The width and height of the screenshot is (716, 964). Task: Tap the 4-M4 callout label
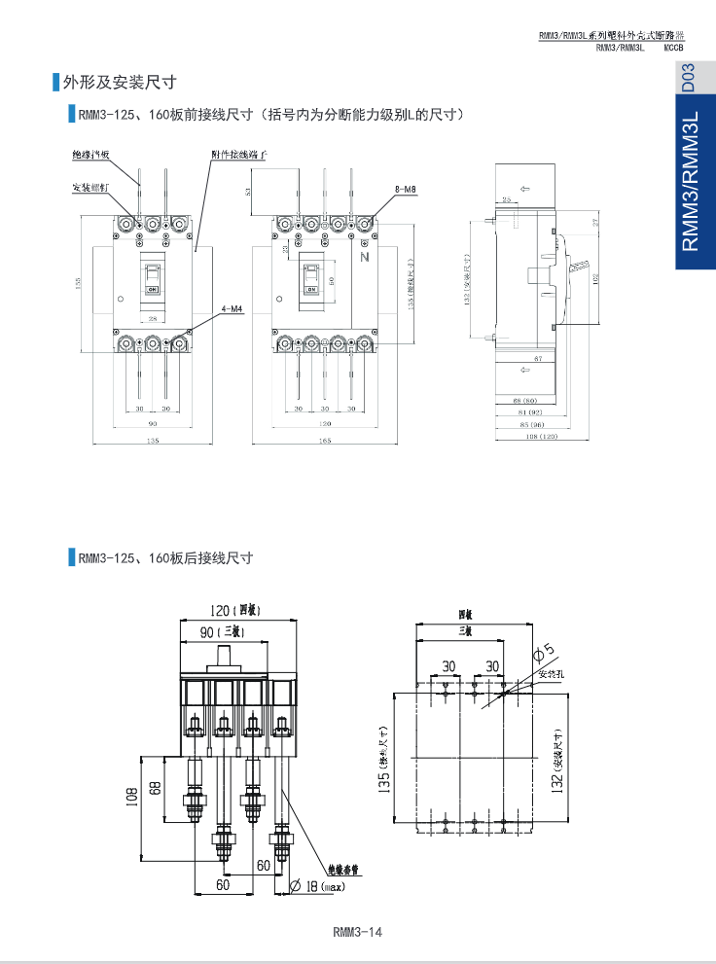click(232, 308)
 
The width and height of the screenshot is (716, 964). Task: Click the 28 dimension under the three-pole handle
click(153, 318)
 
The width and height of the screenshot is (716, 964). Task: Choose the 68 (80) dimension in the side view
click(524, 400)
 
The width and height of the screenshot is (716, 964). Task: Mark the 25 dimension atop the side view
click(506, 198)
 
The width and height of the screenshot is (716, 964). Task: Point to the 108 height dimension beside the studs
click(131, 798)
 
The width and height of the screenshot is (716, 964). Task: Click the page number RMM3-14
click(358, 932)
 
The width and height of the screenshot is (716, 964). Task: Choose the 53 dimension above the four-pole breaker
click(248, 192)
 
